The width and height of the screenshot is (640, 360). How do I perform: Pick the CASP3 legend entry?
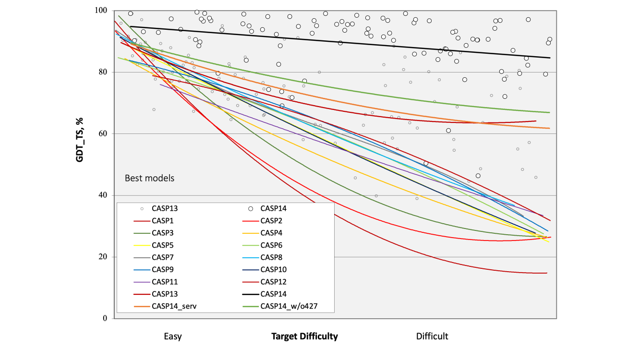[x=162, y=233]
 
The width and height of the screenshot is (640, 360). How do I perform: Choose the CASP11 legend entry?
[x=164, y=282]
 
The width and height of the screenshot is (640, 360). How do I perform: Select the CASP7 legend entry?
[x=162, y=257]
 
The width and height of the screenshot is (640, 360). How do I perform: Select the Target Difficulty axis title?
[x=304, y=336]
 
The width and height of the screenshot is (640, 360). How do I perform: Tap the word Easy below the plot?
[x=172, y=336]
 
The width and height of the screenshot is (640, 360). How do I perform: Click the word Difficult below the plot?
[x=432, y=336]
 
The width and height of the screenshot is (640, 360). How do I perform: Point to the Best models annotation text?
[x=149, y=178]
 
